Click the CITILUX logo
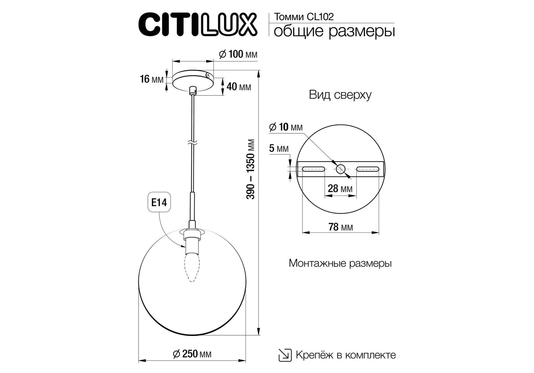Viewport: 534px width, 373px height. [198, 25]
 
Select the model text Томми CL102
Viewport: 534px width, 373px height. [304, 17]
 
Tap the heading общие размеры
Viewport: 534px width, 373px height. [334, 31]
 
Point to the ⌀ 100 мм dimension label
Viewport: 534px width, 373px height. [238, 54]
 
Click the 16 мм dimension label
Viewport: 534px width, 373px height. [152, 79]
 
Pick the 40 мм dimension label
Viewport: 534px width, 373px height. [239, 87]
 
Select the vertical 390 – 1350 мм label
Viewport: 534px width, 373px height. [251, 169]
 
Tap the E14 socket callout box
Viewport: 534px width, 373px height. [159, 203]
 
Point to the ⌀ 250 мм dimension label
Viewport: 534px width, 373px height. [192, 354]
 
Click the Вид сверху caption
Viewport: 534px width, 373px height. [340, 95]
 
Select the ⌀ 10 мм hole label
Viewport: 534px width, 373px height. [286, 127]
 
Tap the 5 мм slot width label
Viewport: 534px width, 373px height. [279, 149]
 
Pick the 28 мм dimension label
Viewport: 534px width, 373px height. [340, 188]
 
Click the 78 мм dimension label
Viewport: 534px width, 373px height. [341, 227]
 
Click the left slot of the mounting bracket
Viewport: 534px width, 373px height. [313, 169]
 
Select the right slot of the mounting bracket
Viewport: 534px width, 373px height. [368, 169]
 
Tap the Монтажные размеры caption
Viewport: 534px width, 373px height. [340, 263]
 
